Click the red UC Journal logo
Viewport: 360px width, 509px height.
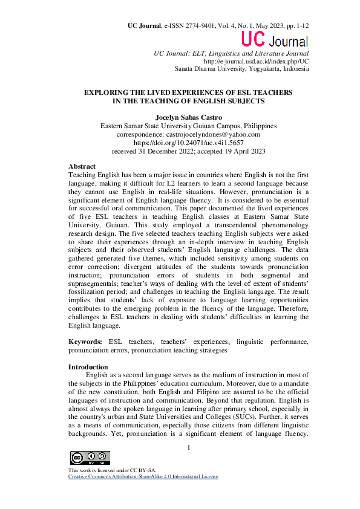pos(275,40)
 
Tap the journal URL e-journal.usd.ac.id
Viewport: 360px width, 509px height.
pos(257,61)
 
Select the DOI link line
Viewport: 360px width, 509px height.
pos(188,143)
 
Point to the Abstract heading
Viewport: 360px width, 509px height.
pos(82,166)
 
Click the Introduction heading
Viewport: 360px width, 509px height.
pos(88,367)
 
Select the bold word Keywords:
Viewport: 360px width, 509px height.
pos(85,342)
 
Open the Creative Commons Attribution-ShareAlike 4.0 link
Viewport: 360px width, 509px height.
pos(143,477)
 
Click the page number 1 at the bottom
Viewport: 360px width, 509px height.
pos(189,447)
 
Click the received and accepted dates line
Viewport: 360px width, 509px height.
pos(188,151)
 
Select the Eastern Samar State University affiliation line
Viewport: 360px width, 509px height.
pos(188,126)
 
